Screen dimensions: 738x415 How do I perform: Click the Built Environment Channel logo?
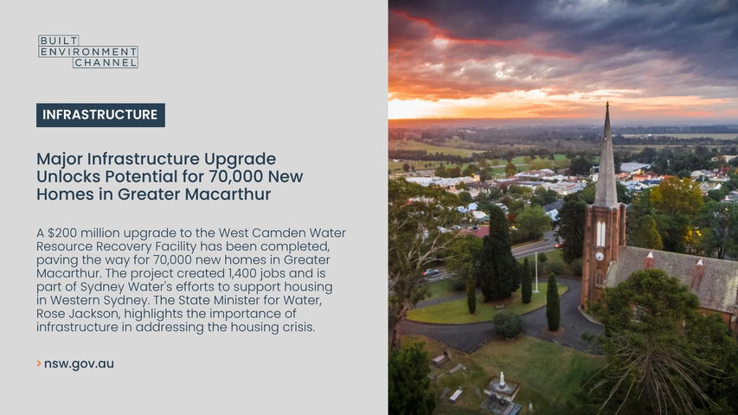coord(88,51)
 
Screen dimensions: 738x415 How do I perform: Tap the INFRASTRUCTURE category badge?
coord(100,115)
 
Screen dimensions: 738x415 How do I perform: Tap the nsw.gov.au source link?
coord(79,364)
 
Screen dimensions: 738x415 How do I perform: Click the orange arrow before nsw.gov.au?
coord(39,363)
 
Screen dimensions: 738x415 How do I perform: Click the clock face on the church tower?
coord(600,257)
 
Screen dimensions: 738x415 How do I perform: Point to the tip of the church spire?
coord(607,103)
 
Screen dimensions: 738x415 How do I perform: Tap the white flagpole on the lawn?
coord(536,272)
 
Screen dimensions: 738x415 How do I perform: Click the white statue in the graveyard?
coord(502,380)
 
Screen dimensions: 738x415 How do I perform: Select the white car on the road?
coord(431,272)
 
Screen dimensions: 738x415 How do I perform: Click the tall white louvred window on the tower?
coord(600,233)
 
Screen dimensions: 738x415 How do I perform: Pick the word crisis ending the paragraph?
coord(297,327)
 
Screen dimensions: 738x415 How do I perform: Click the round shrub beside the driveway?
coord(509,325)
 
